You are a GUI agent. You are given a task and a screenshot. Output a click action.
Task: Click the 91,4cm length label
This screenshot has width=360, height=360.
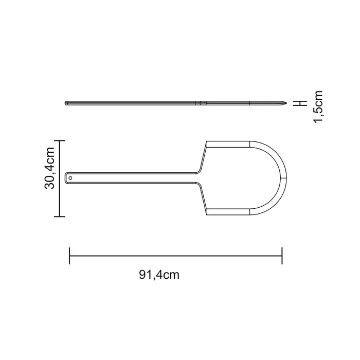159,274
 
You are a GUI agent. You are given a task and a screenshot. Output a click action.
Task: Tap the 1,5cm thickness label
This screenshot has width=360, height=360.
318,106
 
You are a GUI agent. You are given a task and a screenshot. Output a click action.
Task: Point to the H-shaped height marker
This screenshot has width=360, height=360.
303,102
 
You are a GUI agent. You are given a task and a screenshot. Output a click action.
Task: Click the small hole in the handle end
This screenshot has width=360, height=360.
71,177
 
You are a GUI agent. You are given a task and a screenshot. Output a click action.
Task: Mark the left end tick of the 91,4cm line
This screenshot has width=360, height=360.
69,256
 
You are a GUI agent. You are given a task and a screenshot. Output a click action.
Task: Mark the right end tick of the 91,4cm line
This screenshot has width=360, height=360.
282,256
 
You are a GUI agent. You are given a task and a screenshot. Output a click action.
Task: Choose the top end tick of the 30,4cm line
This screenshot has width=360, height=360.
60,140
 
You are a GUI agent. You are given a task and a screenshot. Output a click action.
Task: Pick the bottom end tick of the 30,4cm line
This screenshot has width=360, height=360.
60,217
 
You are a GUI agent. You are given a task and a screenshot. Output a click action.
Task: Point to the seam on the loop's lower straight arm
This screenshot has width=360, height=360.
250,211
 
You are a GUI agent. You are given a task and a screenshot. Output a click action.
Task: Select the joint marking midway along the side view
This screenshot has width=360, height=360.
201,103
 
